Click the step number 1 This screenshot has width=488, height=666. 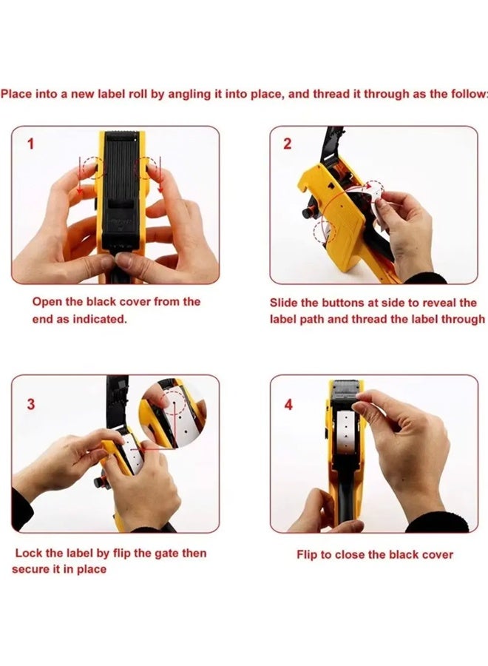30,144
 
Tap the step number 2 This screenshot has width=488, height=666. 288,144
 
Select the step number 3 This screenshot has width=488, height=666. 30,404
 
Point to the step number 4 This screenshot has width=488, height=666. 288,404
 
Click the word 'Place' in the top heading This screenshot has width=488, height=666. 16,94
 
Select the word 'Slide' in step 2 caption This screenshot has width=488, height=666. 283,303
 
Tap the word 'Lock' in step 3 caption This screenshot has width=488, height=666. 28,553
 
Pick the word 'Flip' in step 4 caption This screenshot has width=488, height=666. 307,555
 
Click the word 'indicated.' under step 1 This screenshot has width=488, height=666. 100,319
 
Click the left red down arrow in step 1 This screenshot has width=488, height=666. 80,176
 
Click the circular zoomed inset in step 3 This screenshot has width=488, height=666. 174,412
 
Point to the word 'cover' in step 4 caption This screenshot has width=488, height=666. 438,555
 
